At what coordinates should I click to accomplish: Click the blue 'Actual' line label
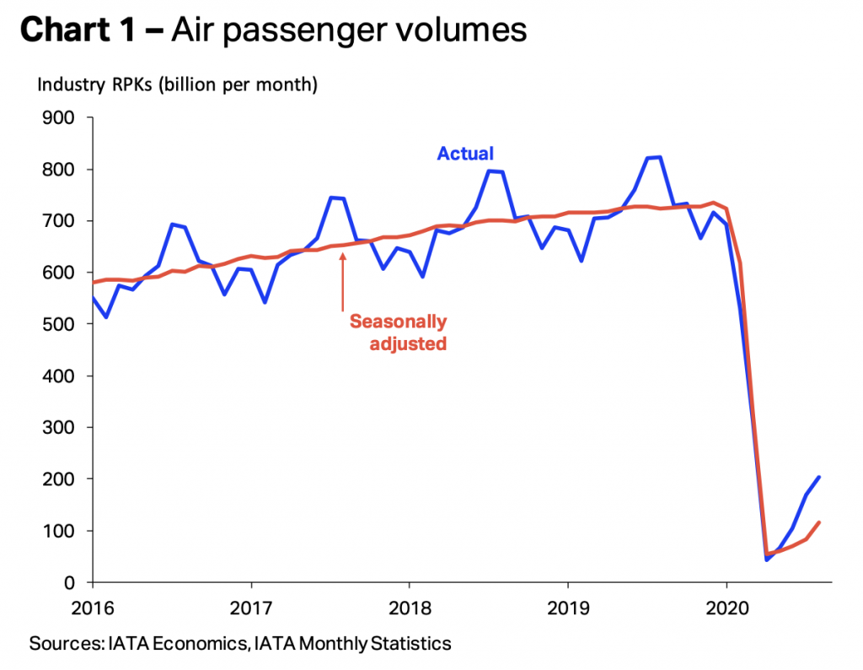464,154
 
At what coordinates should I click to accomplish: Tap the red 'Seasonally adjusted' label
398,332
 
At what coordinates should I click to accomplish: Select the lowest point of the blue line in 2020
767,559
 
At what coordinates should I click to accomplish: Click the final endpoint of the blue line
819,478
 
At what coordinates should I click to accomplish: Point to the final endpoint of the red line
819,522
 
